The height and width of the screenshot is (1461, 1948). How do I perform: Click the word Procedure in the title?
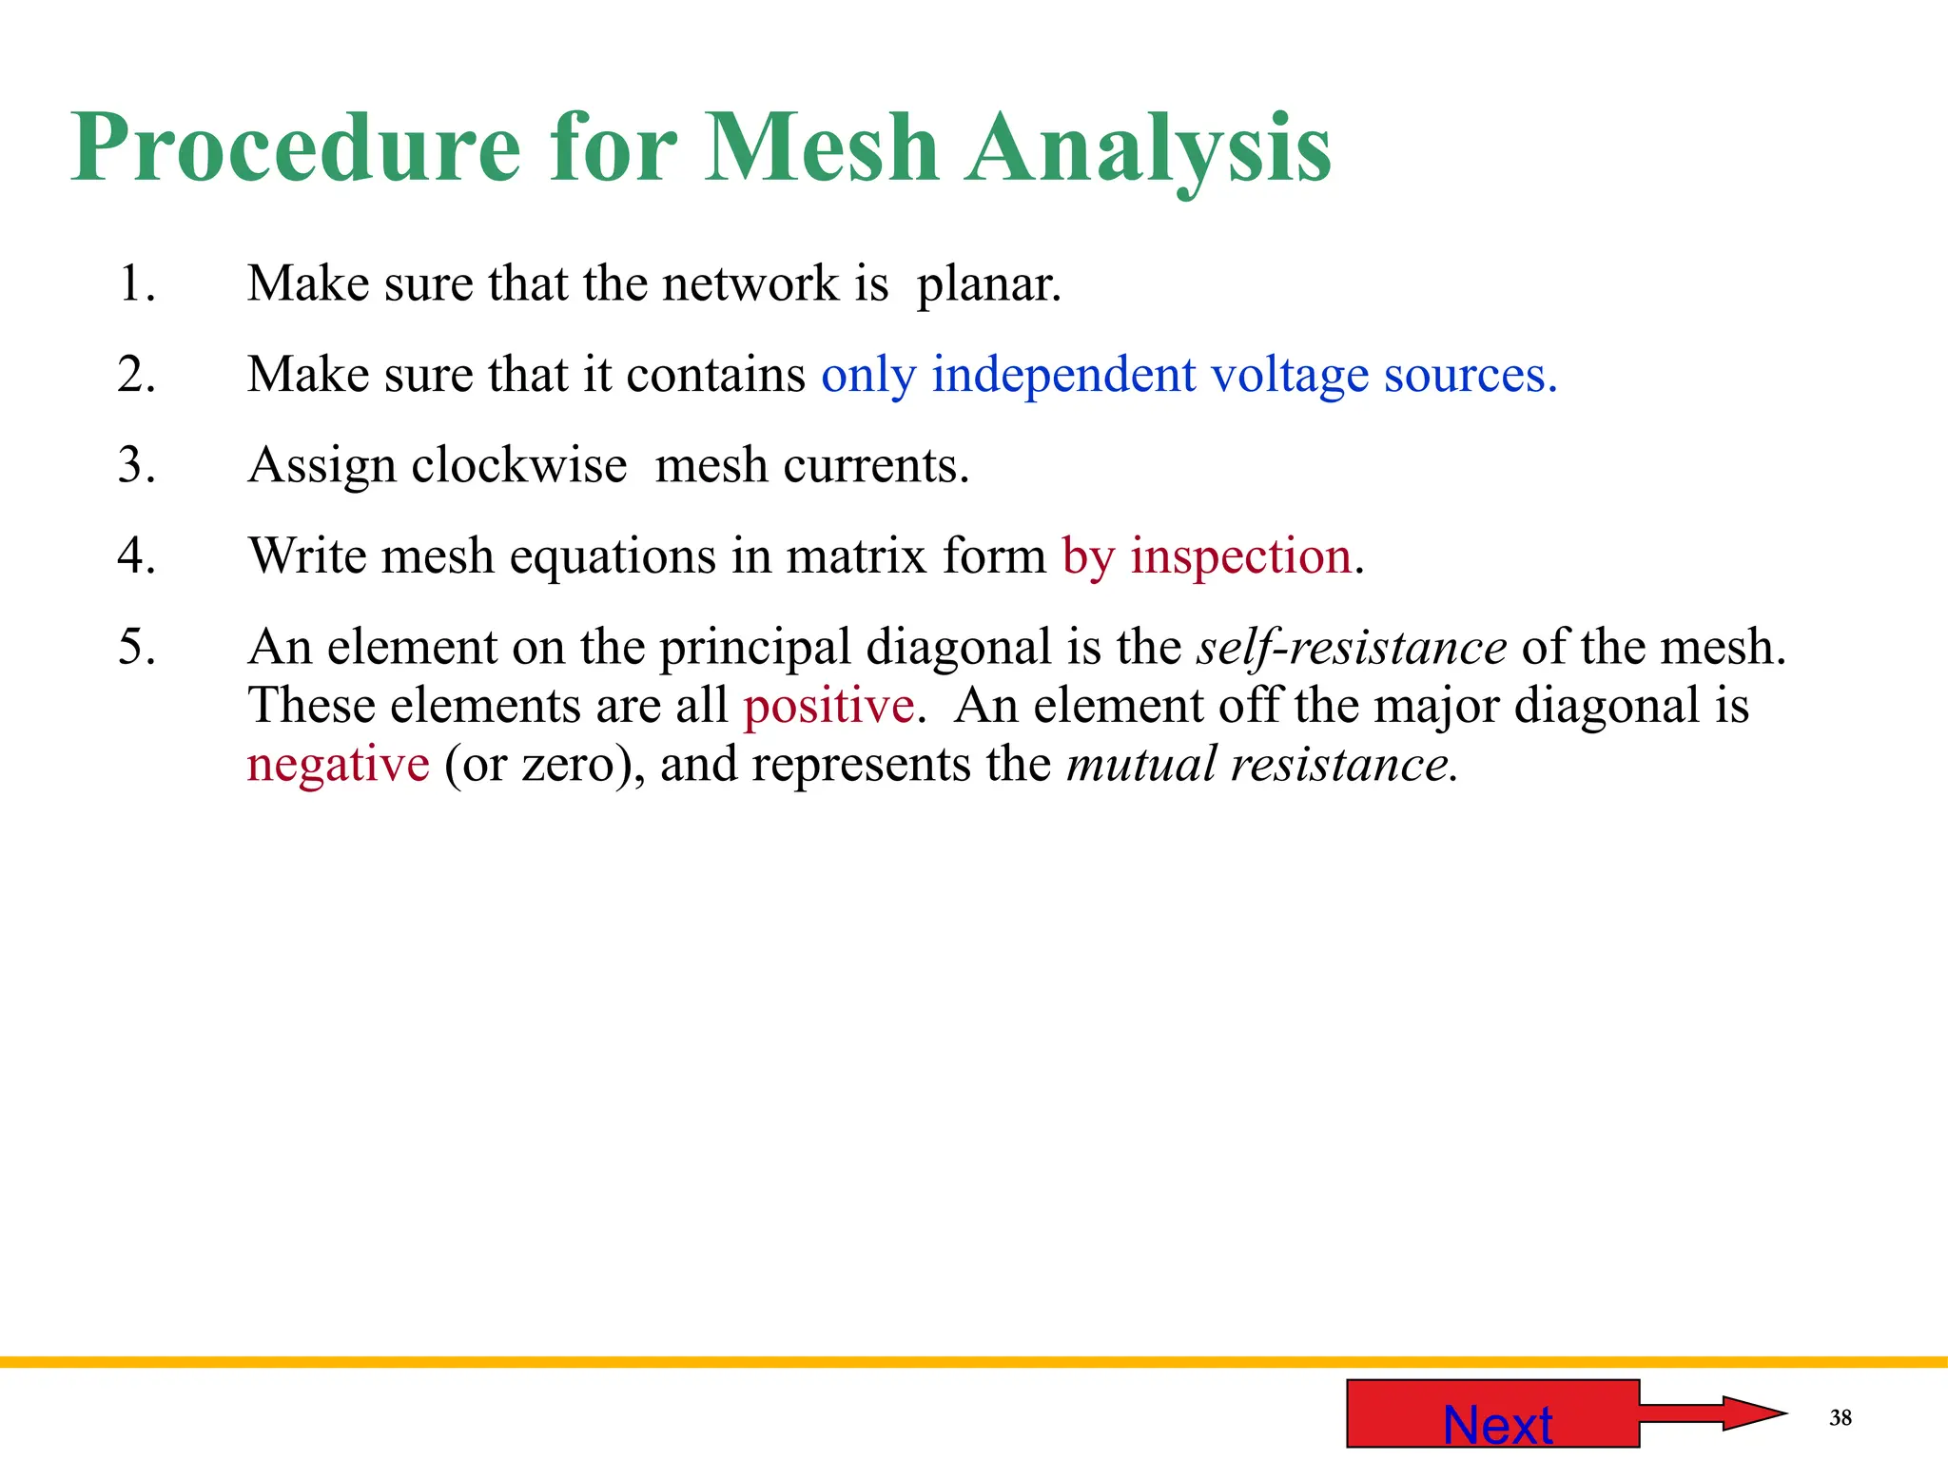point(296,149)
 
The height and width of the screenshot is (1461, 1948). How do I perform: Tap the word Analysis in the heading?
point(1148,149)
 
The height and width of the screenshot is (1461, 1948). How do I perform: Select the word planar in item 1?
point(988,284)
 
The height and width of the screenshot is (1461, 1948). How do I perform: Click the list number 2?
point(137,374)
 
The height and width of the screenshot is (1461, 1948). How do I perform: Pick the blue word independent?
point(1063,374)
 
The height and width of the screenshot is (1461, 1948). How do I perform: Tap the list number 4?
point(137,555)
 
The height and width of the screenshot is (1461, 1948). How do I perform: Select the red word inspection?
point(1240,555)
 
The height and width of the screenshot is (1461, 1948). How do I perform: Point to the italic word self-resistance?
point(1352,648)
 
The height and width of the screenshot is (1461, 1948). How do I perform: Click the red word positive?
point(828,706)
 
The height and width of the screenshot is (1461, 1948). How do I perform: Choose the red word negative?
point(338,764)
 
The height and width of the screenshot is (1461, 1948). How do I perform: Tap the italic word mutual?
point(1141,764)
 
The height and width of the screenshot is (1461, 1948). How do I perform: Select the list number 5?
point(137,648)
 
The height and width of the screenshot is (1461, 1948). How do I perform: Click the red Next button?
point(1493,1413)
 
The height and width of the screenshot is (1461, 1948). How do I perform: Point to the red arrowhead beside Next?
point(1754,1412)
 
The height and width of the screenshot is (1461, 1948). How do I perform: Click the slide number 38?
point(1841,1418)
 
